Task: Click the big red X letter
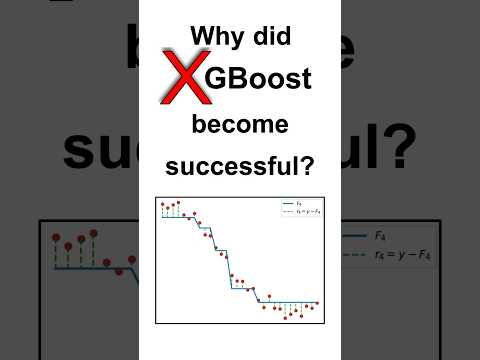pyautogui.click(x=183, y=82)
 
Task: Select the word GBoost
pyautogui.click(x=259, y=80)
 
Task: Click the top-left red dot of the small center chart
pyautogui.click(x=163, y=205)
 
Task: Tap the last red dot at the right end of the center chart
pyautogui.click(x=316, y=302)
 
